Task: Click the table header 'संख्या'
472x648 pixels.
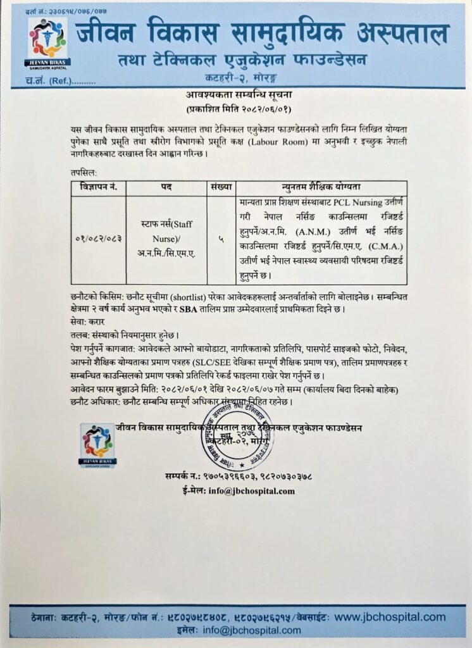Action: tap(221, 188)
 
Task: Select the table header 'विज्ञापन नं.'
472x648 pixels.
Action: tap(98, 188)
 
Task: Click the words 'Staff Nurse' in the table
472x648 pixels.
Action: tap(167, 230)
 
